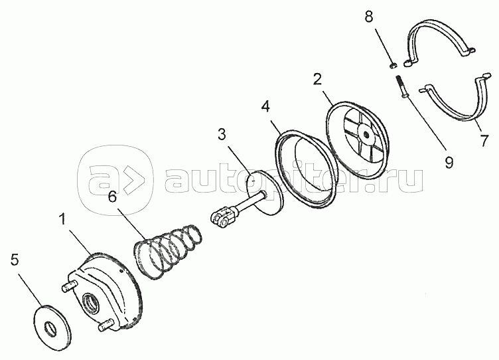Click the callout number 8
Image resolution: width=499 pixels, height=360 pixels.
tap(369, 17)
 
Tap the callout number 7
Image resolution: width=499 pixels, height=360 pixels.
tap(484, 140)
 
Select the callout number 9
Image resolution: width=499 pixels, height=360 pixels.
tap(449, 163)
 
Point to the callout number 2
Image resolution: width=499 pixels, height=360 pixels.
tap(317, 79)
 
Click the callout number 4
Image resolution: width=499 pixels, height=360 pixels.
tap(265, 106)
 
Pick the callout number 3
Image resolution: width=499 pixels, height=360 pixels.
tap(222, 134)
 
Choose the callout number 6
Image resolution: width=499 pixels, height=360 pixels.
tap(112, 197)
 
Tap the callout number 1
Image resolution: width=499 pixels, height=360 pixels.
tap(62, 219)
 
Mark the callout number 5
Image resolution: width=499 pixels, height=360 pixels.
tap(15, 260)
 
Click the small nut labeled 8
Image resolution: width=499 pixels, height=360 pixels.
tap(393, 66)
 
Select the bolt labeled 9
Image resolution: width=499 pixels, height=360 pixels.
tap(400, 86)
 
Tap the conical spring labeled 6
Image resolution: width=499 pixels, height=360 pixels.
tap(168, 250)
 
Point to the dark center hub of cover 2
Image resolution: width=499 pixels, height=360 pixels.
tap(366, 134)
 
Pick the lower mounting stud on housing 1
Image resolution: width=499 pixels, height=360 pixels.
tap(106, 325)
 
